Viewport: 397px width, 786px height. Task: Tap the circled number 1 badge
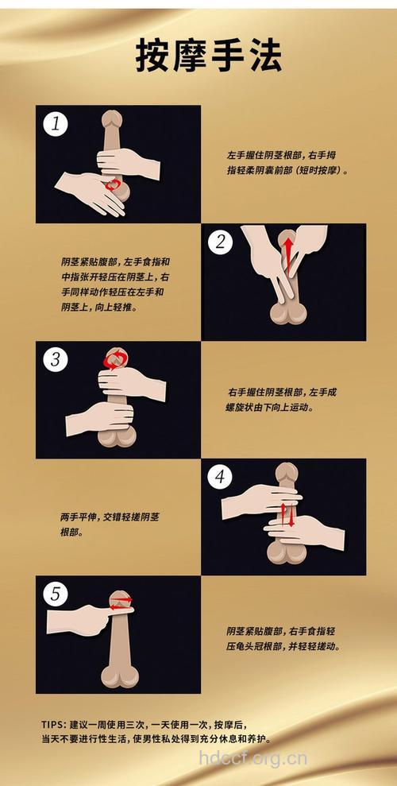tap(56, 124)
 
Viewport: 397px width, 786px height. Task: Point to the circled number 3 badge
tap(56, 359)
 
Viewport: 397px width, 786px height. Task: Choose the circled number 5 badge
tap(56, 594)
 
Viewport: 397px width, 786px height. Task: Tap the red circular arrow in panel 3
tap(116, 360)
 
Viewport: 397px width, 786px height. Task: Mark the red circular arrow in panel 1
tap(116, 185)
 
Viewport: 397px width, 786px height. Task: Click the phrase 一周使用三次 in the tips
tap(127, 724)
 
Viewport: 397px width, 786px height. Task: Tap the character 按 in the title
tap(152, 56)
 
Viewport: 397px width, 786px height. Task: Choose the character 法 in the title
tap(264, 56)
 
